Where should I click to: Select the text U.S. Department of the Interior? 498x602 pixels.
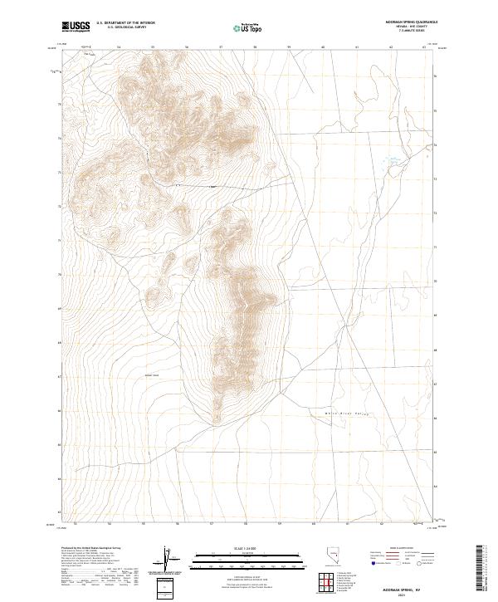(125, 22)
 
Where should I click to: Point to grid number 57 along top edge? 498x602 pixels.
(221, 47)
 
